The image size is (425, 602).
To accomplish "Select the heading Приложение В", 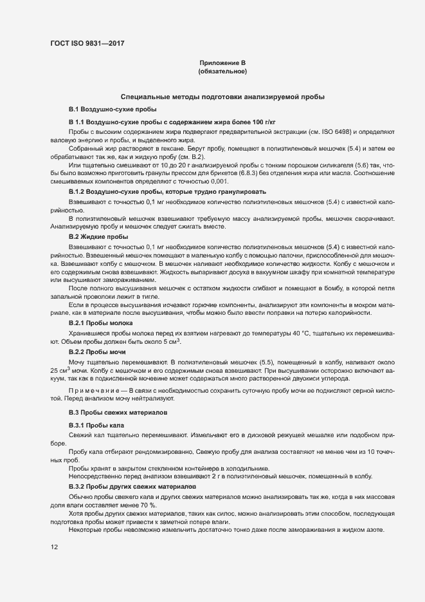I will pos(222,62).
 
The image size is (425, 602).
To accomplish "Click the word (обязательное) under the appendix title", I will pos(222,71).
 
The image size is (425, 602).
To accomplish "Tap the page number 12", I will pos(54,547).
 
